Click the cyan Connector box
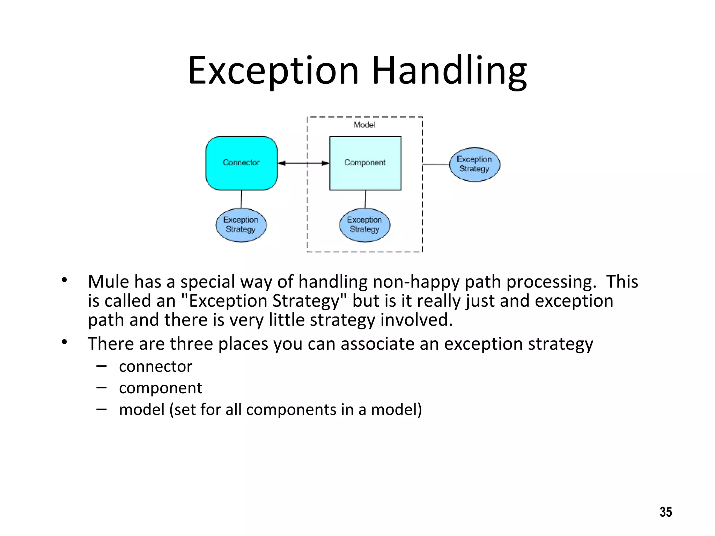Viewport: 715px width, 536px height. click(x=241, y=163)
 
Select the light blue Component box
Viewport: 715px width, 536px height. click(x=365, y=163)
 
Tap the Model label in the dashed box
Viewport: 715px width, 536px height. click(x=364, y=125)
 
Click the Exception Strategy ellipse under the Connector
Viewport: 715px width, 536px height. click(x=241, y=225)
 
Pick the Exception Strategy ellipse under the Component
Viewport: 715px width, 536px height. click(x=364, y=225)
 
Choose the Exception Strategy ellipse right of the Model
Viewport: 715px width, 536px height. click(x=474, y=164)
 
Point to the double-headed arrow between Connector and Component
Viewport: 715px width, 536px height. click(x=303, y=163)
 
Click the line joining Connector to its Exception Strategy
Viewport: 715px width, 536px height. click(x=241, y=199)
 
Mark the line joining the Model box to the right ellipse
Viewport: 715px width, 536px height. click(x=436, y=164)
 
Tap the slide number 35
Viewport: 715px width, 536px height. click(x=665, y=512)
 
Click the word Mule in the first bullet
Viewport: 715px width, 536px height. click(x=108, y=282)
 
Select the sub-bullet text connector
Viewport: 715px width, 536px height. click(x=155, y=366)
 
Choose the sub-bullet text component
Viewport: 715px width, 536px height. click(x=160, y=388)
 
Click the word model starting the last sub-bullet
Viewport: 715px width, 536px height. click(x=141, y=409)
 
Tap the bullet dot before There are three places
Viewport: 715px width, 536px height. click(x=64, y=342)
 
